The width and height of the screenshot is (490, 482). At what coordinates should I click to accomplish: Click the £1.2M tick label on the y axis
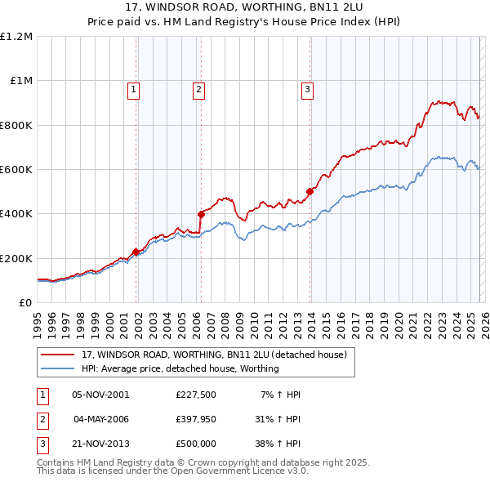16,37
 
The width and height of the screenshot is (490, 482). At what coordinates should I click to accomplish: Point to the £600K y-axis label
16,170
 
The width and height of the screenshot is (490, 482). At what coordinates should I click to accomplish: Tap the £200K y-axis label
16,258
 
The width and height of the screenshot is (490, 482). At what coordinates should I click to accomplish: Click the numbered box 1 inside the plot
133,90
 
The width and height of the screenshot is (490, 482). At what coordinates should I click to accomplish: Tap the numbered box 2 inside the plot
198,90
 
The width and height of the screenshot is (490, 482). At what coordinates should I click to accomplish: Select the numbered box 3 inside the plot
307,90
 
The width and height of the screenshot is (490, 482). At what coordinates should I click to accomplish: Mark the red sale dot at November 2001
136,252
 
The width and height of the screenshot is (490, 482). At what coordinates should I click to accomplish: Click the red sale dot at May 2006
201,214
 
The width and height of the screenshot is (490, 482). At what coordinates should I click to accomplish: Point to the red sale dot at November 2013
310,192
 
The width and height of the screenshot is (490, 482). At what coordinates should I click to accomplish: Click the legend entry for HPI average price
180,368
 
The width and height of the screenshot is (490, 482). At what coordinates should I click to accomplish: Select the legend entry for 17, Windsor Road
214,355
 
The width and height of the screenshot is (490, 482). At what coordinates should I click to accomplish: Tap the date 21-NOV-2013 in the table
100,444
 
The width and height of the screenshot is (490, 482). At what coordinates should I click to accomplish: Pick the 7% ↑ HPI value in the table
280,395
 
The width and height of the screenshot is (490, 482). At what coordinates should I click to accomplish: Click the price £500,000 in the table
195,444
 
